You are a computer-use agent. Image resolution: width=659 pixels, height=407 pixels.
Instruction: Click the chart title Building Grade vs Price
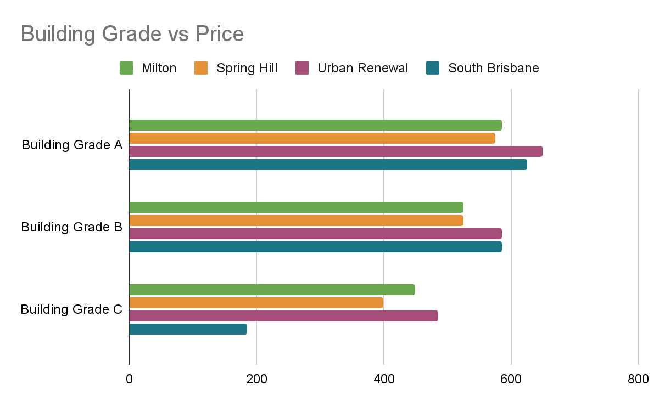click(x=132, y=34)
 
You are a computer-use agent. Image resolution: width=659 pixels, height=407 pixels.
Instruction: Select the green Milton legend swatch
click(x=126, y=68)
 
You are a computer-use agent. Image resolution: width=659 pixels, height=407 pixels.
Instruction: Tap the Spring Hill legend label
click(x=247, y=68)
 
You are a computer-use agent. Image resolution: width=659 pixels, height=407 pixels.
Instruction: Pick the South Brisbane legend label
click(x=493, y=68)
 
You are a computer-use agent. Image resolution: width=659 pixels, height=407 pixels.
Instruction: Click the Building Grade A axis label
click(x=72, y=145)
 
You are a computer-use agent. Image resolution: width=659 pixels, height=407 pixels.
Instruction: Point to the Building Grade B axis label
click(x=71, y=227)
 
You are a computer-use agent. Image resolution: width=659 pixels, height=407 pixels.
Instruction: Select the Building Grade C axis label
click(x=71, y=309)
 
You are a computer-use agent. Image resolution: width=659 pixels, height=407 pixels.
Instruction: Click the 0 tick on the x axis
click(x=129, y=379)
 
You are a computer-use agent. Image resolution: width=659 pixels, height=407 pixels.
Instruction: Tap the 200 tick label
click(x=256, y=379)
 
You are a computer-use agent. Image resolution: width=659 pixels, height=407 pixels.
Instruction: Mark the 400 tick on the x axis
click(x=384, y=379)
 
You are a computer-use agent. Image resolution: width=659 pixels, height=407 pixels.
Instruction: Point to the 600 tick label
click(x=511, y=379)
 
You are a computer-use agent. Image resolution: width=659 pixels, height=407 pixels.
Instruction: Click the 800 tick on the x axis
click(x=639, y=379)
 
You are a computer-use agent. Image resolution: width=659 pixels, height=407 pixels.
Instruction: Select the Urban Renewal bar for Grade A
click(x=336, y=151)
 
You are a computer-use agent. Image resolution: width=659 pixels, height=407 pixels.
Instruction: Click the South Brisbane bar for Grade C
click(x=188, y=329)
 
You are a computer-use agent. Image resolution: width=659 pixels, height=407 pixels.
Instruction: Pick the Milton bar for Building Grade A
click(x=315, y=125)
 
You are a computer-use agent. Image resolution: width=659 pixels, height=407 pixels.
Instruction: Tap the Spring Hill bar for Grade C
click(x=256, y=303)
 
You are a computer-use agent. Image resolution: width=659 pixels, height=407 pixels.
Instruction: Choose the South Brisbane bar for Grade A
click(x=328, y=165)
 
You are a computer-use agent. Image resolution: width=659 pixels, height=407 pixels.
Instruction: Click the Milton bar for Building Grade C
click(x=272, y=290)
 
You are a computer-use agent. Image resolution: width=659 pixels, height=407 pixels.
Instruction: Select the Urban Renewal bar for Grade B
click(x=315, y=234)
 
